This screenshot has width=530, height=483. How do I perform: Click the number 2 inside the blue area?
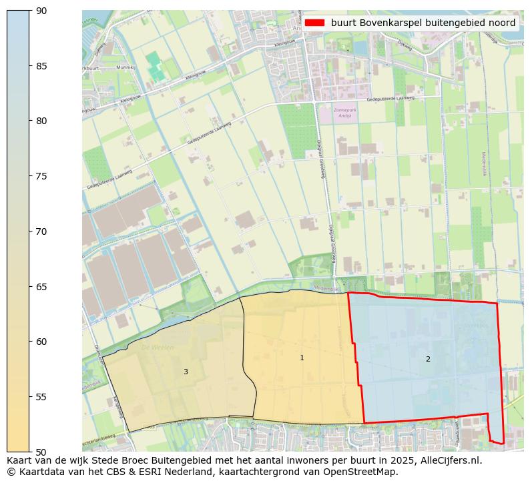(x=428, y=359)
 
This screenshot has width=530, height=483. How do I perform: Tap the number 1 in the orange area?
(x=302, y=358)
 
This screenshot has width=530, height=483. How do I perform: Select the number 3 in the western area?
(x=186, y=372)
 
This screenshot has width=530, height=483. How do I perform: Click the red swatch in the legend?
(x=314, y=23)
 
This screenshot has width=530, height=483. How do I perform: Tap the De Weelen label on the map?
(x=158, y=348)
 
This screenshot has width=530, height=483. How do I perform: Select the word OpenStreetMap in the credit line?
(x=364, y=472)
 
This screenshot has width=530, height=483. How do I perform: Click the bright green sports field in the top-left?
(x=156, y=67)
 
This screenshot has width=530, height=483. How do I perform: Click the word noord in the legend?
(x=501, y=23)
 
